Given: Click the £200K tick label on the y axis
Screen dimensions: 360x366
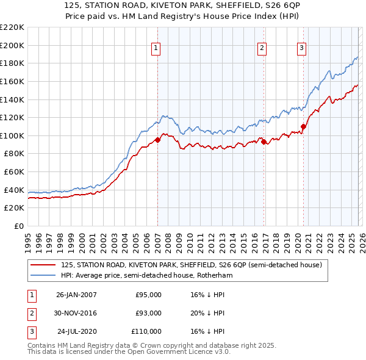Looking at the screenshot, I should click(12, 45).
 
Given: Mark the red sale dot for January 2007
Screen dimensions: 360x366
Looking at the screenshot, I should click(157, 140).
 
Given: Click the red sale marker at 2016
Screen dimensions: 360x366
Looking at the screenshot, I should click(264, 142).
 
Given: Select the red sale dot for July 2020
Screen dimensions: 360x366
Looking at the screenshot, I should click(303, 126).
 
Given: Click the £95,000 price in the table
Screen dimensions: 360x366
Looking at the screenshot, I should click(148, 295).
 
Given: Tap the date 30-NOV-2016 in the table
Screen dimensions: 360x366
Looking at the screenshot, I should click(76, 313).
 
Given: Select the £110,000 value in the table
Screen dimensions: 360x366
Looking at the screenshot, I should click(146, 331).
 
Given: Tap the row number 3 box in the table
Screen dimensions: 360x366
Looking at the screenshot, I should click(31, 331).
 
